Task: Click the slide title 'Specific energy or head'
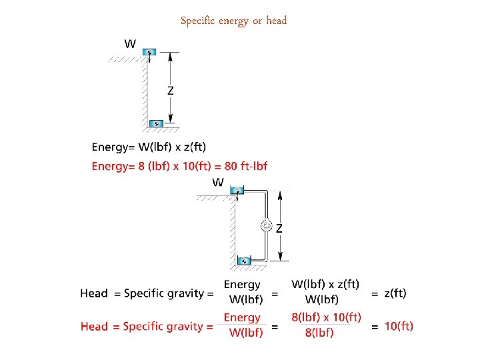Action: (x=233, y=21)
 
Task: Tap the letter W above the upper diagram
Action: (x=130, y=43)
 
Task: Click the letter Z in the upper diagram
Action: (x=171, y=91)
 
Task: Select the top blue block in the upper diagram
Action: (x=150, y=52)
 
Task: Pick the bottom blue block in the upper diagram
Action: (x=156, y=123)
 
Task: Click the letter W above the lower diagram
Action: (x=218, y=181)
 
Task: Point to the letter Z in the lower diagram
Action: (x=279, y=227)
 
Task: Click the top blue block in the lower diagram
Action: (x=238, y=191)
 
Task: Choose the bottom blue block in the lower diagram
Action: (x=245, y=260)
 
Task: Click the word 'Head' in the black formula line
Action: (x=94, y=293)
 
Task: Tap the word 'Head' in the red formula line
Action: (x=94, y=326)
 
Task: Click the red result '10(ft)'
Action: (x=399, y=326)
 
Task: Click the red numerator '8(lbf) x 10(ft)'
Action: (x=327, y=317)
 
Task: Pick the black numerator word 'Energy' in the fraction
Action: (x=242, y=285)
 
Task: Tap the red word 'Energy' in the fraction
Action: (x=242, y=317)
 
